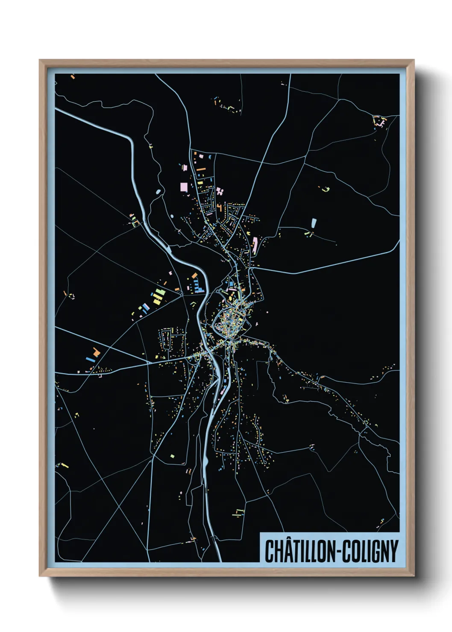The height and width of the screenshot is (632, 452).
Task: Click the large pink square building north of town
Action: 184,187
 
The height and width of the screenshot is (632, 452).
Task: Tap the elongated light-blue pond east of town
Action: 314,223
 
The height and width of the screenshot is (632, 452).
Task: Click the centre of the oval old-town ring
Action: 229,321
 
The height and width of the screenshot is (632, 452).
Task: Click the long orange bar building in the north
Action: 200,169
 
